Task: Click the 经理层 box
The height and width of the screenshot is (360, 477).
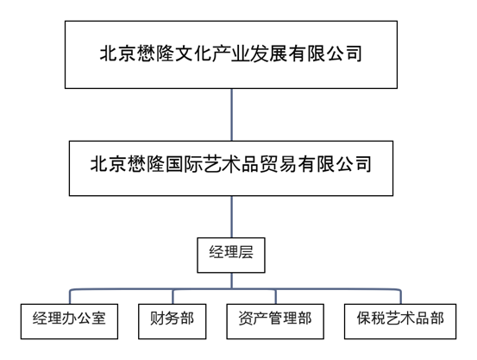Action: pyautogui.click(x=231, y=255)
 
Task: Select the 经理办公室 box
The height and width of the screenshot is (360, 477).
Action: pyautogui.click(x=69, y=321)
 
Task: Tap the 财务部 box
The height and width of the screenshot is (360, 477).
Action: pyautogui.click(x=173, y=321)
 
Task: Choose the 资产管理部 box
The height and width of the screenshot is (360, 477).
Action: pyautogui.click(x=275, y=321)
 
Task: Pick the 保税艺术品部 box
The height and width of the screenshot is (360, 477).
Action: pyautogui.click(x=400, y=321)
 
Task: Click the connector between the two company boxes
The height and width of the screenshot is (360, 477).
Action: pyautogui.click(x=231, y=115)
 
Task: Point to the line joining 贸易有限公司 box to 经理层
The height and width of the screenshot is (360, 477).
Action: pyautogui.click(x=231, y=217)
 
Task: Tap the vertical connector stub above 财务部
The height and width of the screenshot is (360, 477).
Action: pyautogui.click(x=173, y=297)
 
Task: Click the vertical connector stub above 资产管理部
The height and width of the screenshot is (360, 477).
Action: pyautogui.click(x=276, y=297)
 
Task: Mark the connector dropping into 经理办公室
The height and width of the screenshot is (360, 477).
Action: pyautogui.click(x=70, y=296)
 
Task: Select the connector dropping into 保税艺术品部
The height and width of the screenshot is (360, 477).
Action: pyautogui.click(x=400, y=296)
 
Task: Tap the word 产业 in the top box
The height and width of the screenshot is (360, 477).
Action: pyautogui.click(x=230, y=54)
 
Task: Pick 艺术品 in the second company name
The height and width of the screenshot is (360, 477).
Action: pyautogui.click(x=231, y=164)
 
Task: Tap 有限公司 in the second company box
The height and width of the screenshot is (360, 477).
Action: pyautogui.click(x=335, y=164)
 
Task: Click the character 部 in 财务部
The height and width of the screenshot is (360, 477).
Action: pyautogui.click(x=187, y=319)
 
